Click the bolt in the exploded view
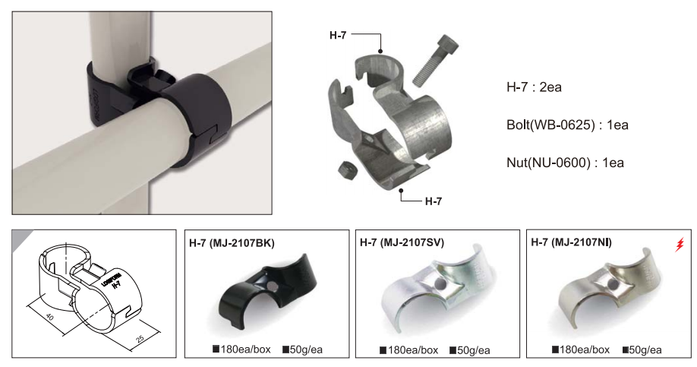[436, 61]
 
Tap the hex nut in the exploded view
[345, 169]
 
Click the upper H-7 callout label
[338, 35]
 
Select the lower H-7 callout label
[434, 201]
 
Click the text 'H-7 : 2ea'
[534, 87]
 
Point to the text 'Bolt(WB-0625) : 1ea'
[568, 125]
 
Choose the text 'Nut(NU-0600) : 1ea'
[566, 163]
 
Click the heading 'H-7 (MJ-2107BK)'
[232, 243]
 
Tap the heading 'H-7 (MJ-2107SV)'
[402, 242]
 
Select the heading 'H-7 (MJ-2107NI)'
[572, 242]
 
